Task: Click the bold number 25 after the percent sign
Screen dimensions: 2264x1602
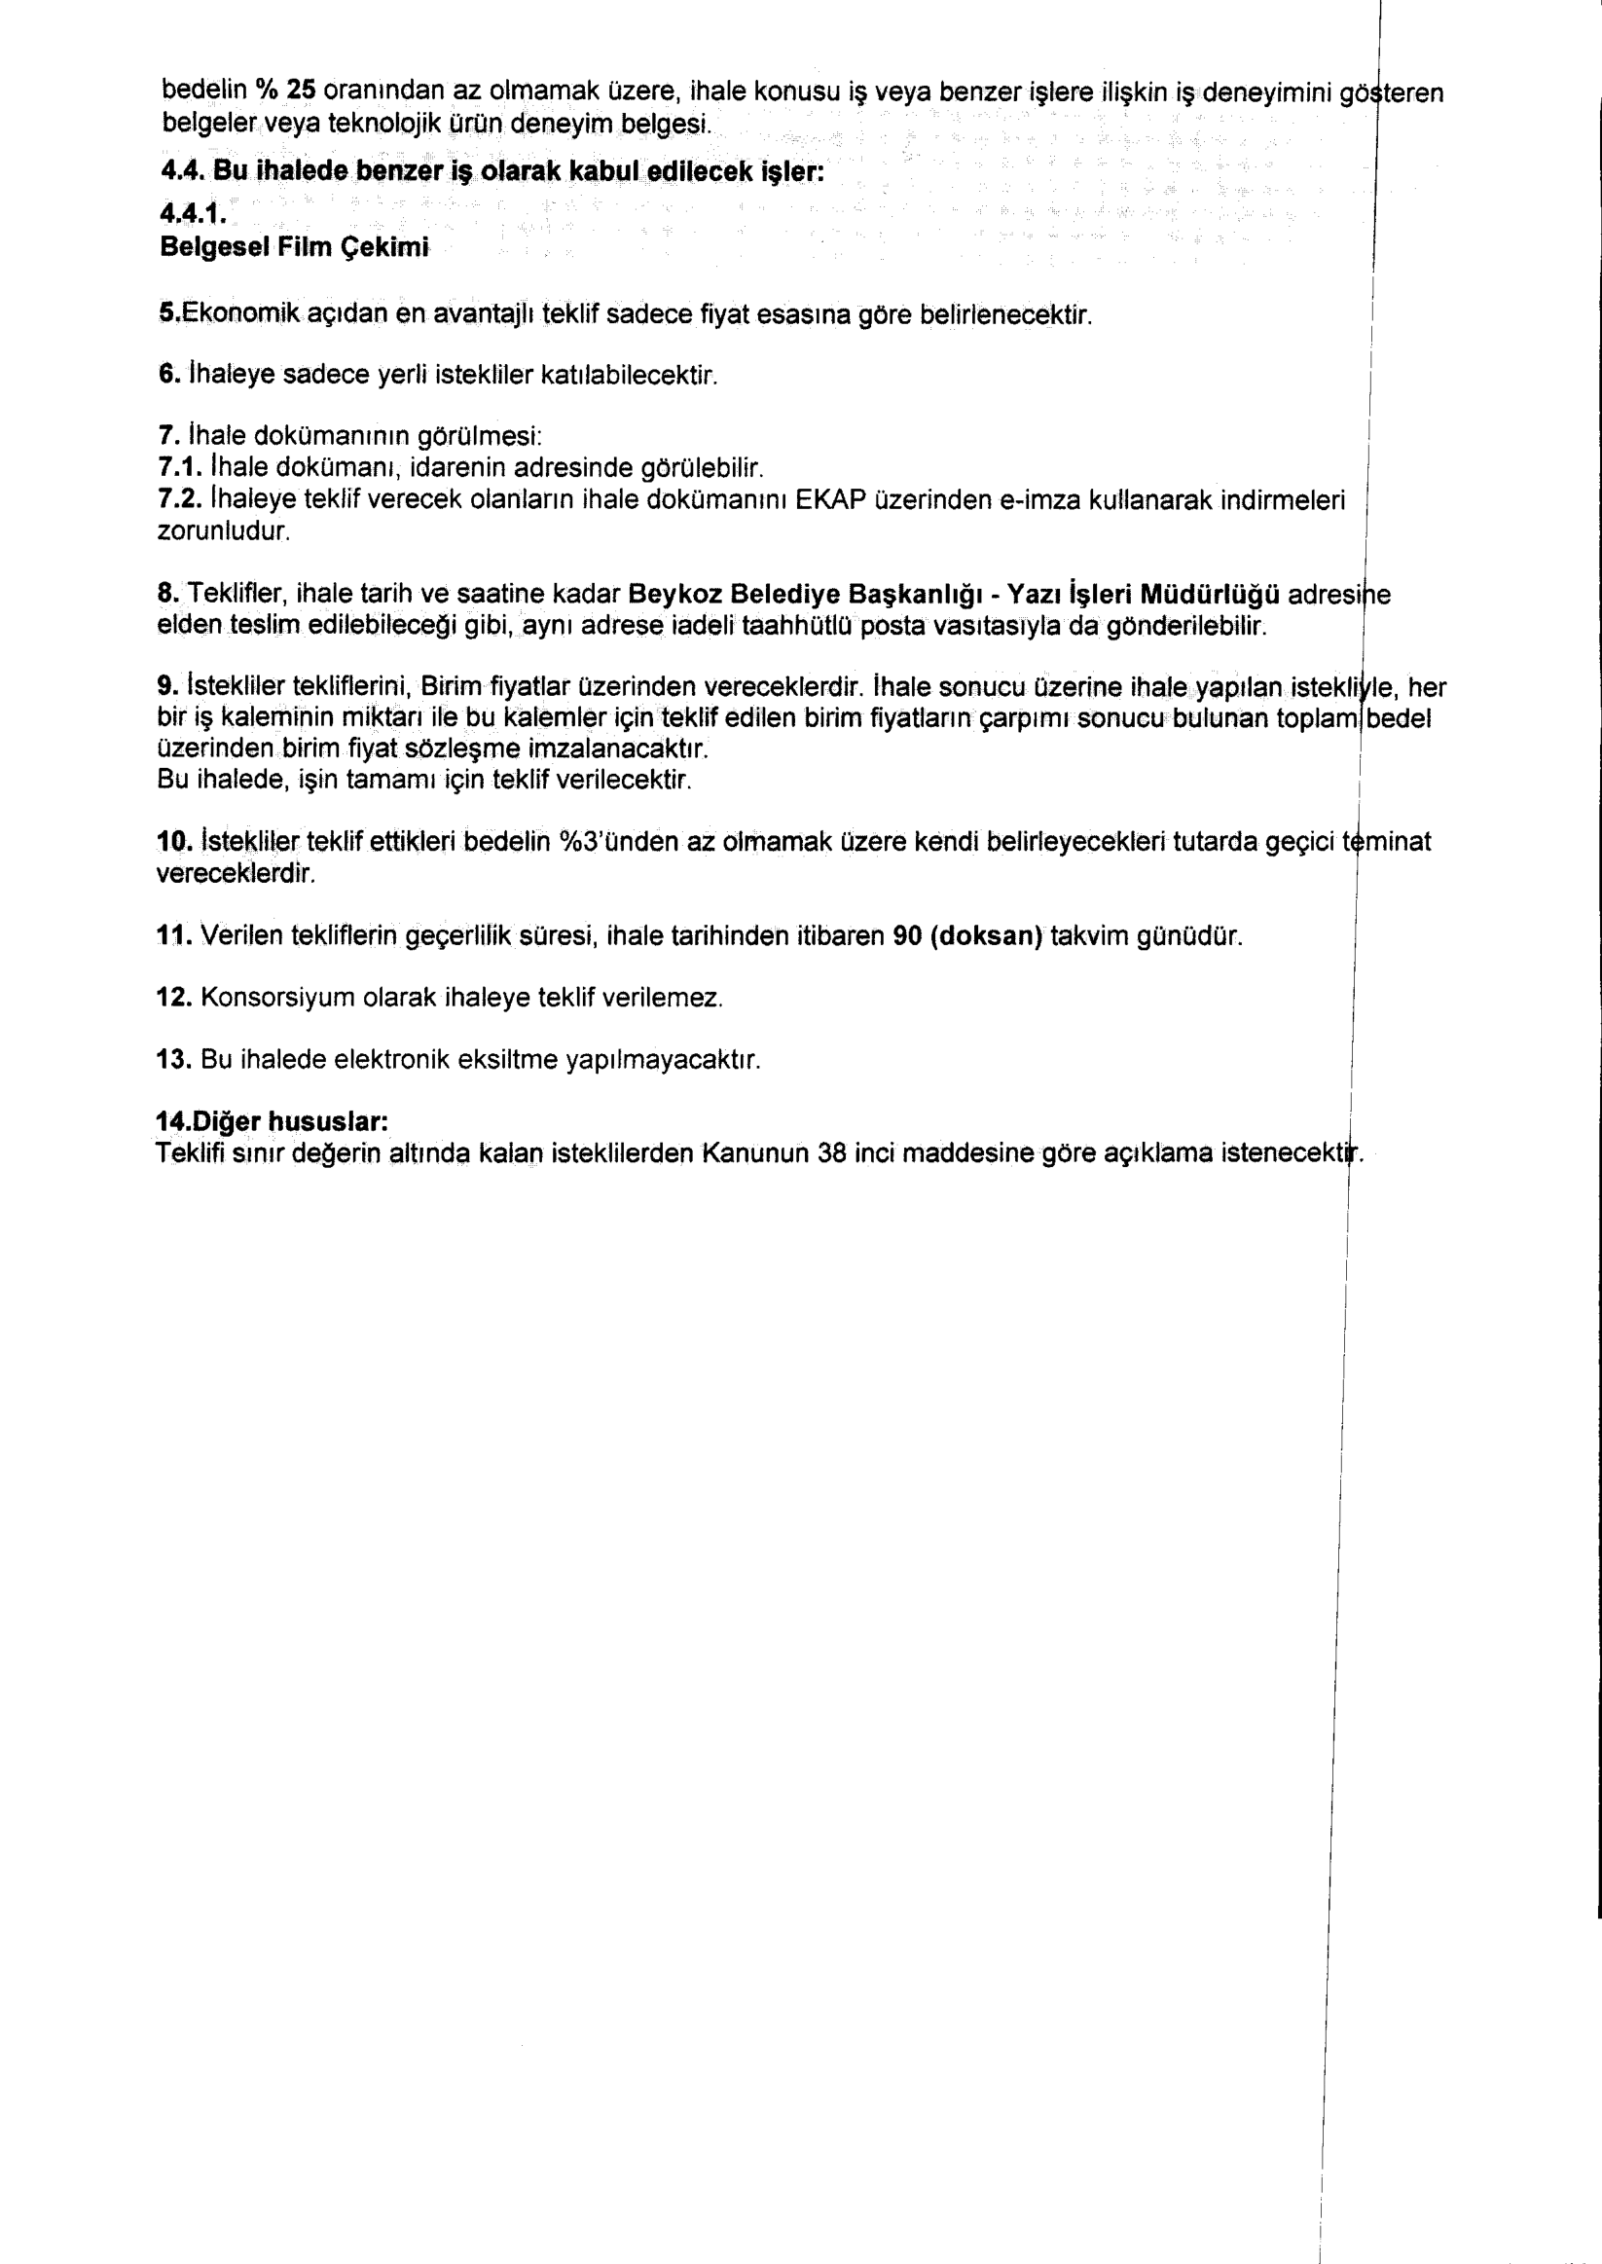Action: [301, 90]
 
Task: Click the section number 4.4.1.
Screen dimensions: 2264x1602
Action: [194, 212]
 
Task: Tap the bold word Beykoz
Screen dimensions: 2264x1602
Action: [675, 594]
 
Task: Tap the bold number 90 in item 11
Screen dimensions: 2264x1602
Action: [906, 936]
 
